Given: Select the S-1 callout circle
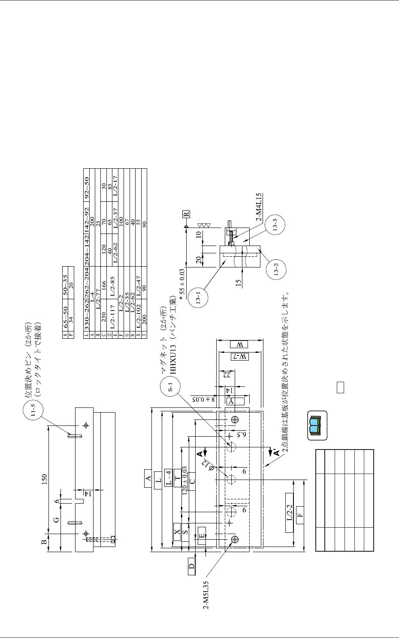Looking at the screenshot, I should point(171,387).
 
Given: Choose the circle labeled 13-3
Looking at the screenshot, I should point(275,227).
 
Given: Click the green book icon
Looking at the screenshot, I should point(317,425).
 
